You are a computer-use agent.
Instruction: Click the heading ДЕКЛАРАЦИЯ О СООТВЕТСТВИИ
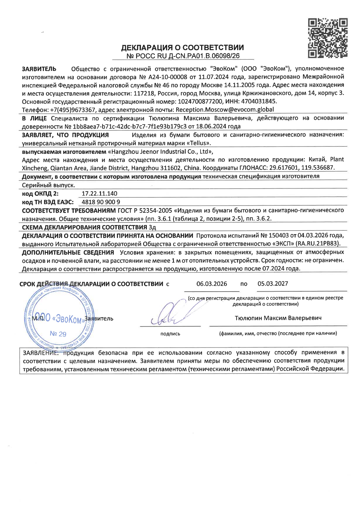182,48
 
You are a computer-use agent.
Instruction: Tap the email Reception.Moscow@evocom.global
225,110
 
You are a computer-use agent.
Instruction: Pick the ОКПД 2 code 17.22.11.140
100,193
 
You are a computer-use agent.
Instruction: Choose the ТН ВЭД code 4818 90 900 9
101,202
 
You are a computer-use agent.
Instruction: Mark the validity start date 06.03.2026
212,284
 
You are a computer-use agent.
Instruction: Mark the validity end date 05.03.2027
273,284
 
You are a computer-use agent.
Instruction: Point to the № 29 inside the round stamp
58,334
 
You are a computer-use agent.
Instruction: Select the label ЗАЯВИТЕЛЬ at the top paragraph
39,69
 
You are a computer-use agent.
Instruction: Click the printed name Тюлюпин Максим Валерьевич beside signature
278,318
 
